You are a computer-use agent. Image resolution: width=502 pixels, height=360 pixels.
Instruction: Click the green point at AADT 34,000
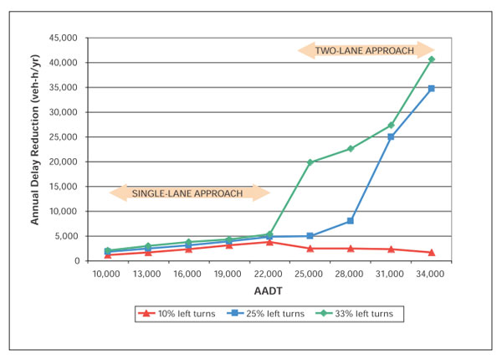click(x=431, y=59)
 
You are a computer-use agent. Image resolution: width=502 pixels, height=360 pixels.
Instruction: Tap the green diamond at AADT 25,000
click(x=310, y=162)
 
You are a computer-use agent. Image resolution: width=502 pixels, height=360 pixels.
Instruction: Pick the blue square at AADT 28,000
click(x=351, y=221)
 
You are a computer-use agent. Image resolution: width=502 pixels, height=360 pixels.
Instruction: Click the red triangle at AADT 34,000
click(x=431, y=253)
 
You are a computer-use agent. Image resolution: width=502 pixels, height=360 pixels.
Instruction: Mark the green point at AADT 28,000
click(x=351, y=149)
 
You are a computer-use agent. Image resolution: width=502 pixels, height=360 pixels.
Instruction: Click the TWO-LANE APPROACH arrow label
click(x=365, y=50)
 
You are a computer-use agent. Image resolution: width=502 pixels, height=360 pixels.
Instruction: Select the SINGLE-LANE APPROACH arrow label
click(x=189, y=193)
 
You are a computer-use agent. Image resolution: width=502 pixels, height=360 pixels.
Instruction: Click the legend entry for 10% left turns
click(x=181, y=314)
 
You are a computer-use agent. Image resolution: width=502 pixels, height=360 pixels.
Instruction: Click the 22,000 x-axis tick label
click(x=269, y=274)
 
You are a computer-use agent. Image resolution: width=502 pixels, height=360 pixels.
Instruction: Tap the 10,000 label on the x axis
click(x=108, y=274)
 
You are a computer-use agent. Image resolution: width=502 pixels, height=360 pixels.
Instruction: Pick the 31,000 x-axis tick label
click(x=390, y=274)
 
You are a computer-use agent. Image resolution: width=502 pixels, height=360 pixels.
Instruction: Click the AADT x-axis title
click(x=269, y=289)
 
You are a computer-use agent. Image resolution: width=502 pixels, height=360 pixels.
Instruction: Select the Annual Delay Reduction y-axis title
click(x=37, y=149)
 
